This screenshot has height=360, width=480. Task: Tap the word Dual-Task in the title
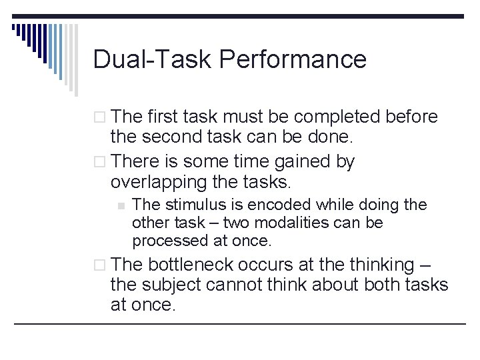pos(153,59)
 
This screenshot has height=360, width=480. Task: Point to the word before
pos(413,117)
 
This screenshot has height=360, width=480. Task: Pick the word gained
pos(300,161)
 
